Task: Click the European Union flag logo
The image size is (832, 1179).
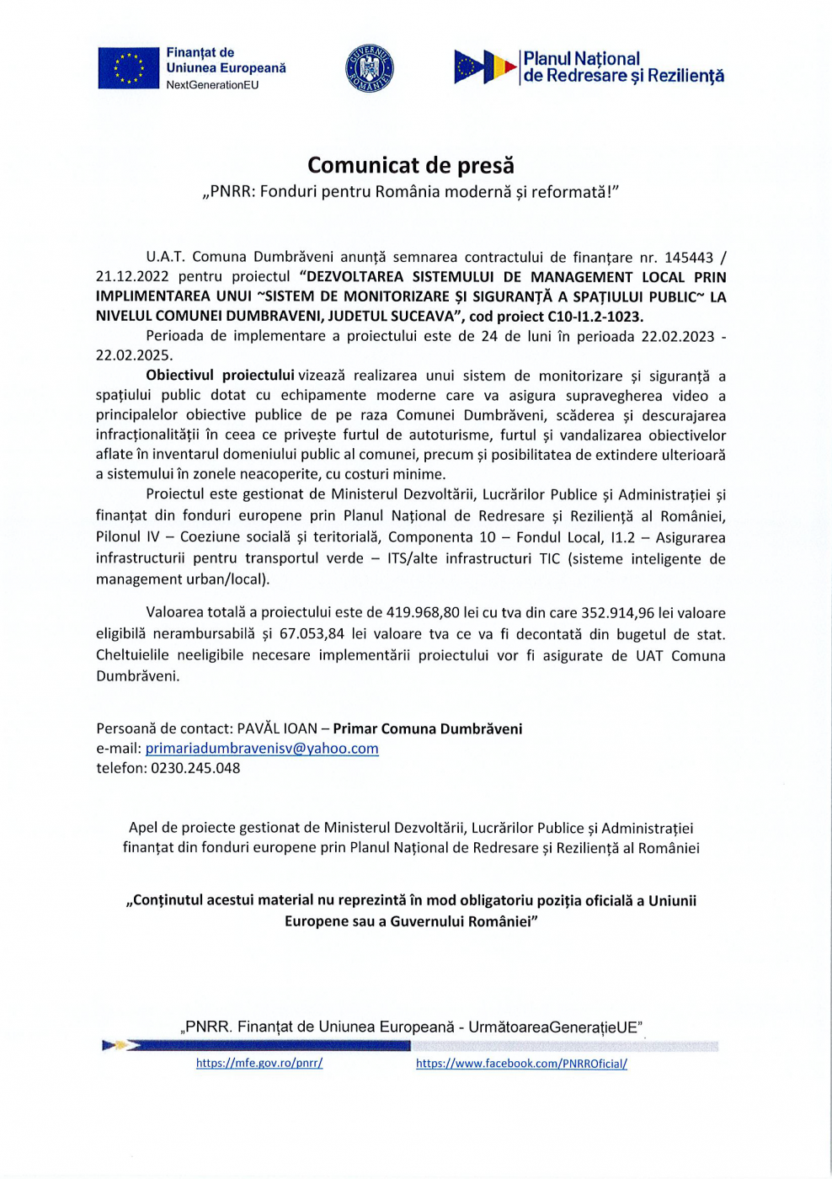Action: pos(128,68)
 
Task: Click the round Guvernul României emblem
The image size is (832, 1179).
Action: pos(369,68)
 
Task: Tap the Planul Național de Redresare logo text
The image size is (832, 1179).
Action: pos(622,67)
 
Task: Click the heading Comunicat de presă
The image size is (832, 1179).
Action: pos(410,165)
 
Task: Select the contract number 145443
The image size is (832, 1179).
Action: pos(688,257)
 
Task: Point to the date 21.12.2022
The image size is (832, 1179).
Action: pos(132,276)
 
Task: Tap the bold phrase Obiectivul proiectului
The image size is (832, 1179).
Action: pos(220,375)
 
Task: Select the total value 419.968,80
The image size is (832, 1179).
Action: pos(434,613)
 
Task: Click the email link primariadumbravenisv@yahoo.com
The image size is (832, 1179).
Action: pos(262,748)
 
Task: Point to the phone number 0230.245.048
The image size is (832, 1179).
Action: pos(195,768)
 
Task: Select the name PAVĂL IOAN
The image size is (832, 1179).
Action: pos(277,728)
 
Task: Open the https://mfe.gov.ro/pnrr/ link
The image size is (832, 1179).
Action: pos(259,1063)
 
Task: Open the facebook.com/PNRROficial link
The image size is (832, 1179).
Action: pos(521,1064)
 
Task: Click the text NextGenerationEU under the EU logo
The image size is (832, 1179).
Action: pos(212,85)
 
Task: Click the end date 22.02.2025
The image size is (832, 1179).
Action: pos(134,355)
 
